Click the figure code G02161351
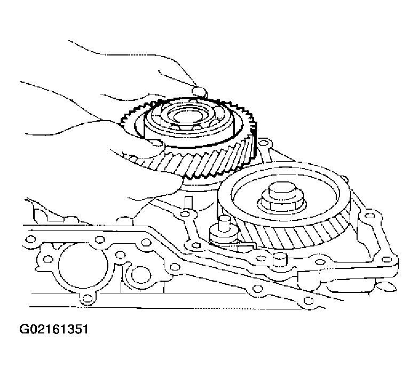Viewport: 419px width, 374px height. click(x=54, y=329)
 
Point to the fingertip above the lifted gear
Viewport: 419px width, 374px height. click(x=200, y=92)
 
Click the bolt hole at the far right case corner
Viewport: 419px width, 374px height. click(x=386, y=259)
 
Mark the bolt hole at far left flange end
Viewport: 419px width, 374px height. click(x=31, y=238)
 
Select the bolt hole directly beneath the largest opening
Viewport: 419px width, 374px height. click(x=86, y=298)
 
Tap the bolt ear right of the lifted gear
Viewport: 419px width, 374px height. click(x=264, y=144)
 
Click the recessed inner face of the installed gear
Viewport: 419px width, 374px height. click(x=286, y=196)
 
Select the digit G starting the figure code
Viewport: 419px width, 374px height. click(x=24, y=329)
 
